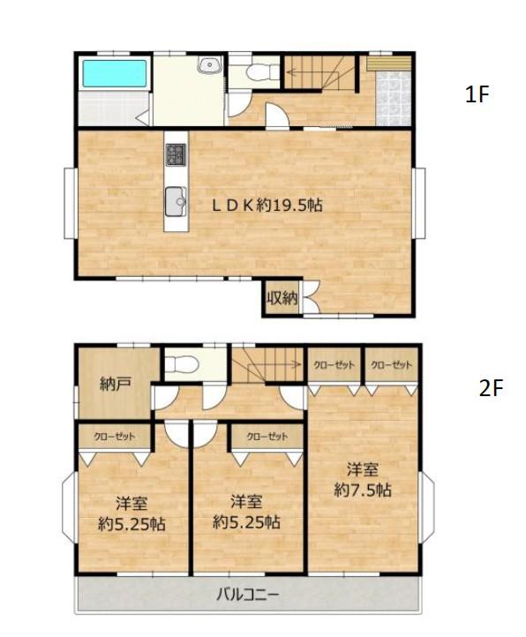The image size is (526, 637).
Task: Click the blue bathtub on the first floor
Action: pos(115,73)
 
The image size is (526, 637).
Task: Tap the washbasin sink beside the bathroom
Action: pos(209,64)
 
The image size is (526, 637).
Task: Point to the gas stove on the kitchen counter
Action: pos(176,154)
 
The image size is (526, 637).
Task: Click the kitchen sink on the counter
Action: pos(176,201)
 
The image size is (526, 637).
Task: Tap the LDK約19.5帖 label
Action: pos(267,206)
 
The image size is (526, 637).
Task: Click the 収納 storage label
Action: pos(282,299)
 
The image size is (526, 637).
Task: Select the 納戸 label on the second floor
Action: pos(115,384)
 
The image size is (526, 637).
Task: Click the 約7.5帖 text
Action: pos(363,490)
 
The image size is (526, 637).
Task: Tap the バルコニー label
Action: pos(247,596)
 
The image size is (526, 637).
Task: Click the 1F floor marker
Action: pos(477,94)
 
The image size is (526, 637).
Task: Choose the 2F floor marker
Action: pos(491,388)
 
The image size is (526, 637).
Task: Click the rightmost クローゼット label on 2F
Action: pos(392,364)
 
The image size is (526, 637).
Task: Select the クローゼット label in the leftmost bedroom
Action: pos(115,437)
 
